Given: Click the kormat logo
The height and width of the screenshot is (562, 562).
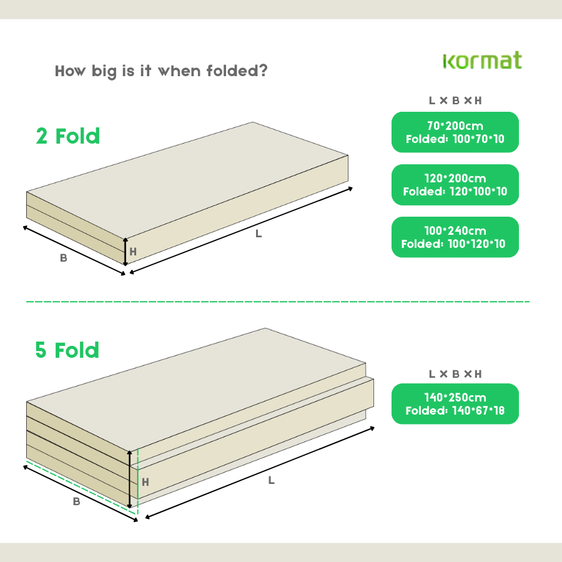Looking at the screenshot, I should click(482, 61).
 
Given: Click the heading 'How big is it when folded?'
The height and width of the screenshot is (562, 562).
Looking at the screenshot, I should click(161, 71).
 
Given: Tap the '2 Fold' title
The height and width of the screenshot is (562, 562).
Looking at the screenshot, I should click(68, 136).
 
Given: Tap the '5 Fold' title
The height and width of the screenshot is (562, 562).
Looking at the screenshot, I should click(67, 350).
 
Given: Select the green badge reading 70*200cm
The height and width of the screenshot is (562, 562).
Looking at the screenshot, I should click(455, 132).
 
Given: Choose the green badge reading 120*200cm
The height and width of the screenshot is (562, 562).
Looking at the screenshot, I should click(455, 185).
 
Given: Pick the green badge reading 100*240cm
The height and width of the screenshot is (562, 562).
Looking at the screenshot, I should click(455, 237).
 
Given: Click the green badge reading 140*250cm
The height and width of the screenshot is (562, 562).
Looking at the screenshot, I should click(455, 404).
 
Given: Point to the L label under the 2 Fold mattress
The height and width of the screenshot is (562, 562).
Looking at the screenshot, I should click(259, 234).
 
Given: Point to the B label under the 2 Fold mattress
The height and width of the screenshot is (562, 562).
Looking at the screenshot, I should click(63, 258).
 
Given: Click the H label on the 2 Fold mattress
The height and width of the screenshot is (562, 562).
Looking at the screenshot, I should click(132, 252).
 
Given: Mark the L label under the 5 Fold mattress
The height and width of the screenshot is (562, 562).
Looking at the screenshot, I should click(271, 480).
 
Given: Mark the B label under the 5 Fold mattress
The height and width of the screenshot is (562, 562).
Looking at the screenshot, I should click(76, 501).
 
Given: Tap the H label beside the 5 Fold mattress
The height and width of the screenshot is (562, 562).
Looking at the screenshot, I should click(145, 482).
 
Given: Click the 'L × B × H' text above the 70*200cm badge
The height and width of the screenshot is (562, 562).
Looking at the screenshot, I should click(455, 101).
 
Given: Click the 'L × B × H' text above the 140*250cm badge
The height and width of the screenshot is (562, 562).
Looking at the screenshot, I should click(455, 374).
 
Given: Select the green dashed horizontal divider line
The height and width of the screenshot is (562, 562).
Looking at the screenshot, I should click(278, 302).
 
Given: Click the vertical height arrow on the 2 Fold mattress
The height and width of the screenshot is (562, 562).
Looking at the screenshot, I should click(125, 252).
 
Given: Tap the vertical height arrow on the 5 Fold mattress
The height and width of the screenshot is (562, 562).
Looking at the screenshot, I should click(130, 478).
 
